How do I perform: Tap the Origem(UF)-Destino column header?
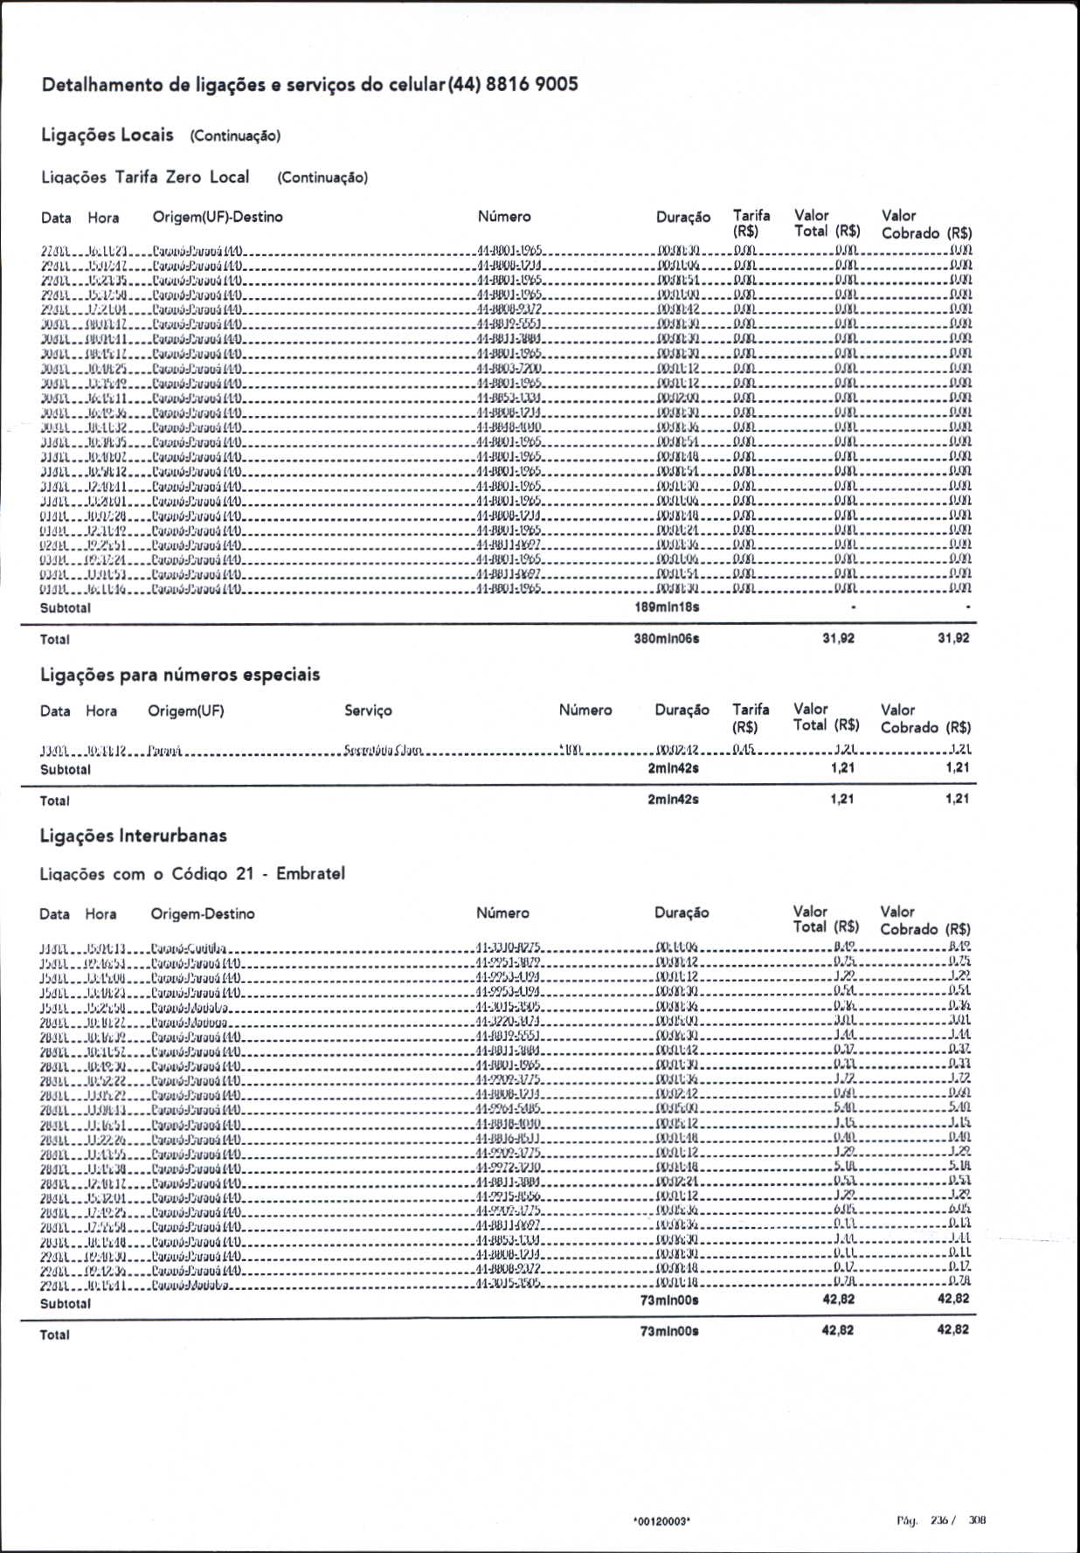(218, 217)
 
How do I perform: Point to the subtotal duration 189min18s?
(667, 607)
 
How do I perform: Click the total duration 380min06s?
(667, 639)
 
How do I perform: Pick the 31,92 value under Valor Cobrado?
(953, 639)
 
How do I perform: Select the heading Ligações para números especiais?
(180, 675)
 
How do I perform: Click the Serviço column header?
(368, 711)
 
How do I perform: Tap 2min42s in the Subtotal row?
(673, 768)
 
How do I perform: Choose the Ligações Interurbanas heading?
(134, 835)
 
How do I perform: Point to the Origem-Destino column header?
(203, 913)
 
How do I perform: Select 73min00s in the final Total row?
(669, 1331)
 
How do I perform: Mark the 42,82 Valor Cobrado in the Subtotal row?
(953, 1299)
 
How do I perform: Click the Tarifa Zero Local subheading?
(182, 177)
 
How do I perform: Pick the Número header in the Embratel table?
(502, 912)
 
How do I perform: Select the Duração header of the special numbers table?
(682, 710)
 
